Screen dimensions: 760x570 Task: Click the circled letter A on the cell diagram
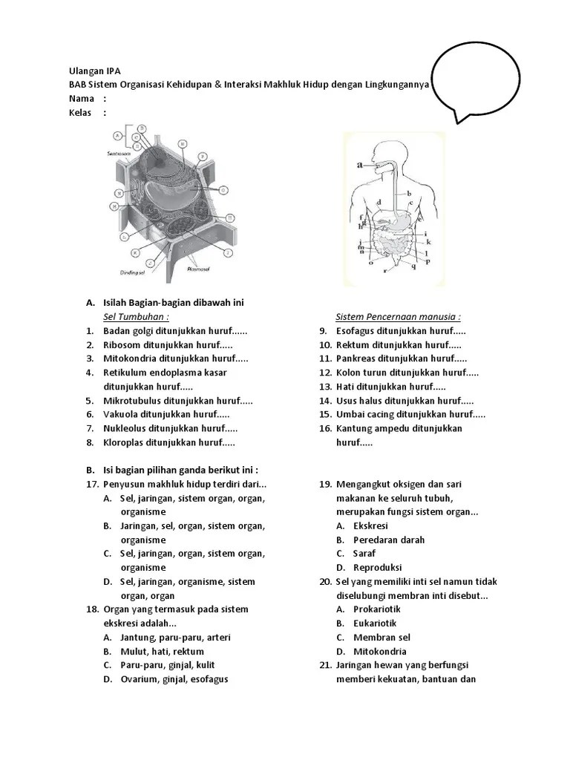tap(117, 136)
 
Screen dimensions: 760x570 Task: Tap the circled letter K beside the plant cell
tap(134, 252)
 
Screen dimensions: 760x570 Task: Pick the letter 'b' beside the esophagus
tap(409, 193)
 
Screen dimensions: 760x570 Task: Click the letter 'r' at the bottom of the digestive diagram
tap(384, 271)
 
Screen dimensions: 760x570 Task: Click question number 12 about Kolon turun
tap(324, 373)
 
